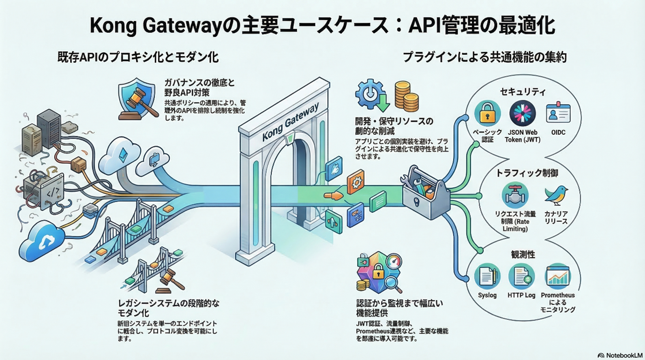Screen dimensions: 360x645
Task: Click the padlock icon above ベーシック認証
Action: click(487, 114)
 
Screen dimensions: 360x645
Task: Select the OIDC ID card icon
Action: click(558, 113)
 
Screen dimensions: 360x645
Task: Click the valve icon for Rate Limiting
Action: click(515, 196)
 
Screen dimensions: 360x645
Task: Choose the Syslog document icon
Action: click(487, 277)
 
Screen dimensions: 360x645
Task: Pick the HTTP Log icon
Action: click(521, 277)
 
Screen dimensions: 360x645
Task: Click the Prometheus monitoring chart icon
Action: click(557, 277)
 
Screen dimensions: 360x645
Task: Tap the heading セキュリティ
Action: click(522, 92)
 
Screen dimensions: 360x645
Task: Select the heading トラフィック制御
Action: click(527, 173)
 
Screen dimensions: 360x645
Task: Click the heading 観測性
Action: click(523, 255)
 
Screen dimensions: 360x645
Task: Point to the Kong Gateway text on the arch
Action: click(290, 122)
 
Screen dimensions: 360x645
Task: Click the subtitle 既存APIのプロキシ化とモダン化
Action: click(138, 57)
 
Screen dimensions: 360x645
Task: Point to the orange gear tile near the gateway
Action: click(356, 182)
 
